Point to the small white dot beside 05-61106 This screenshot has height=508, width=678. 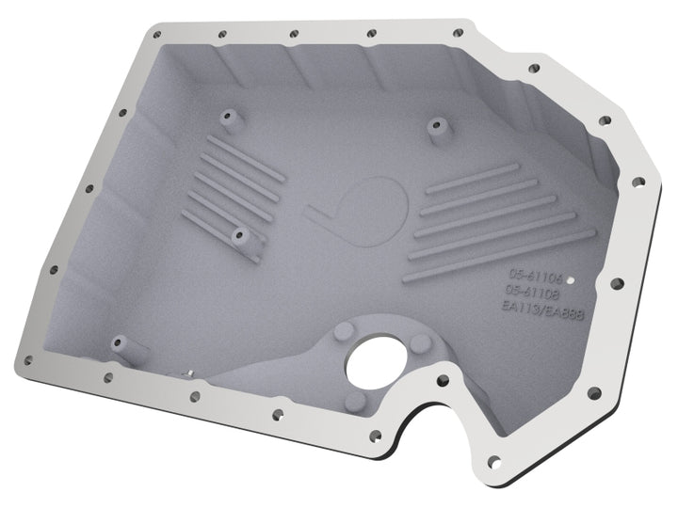tap(573, 279)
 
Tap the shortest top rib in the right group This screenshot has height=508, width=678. tap(471, 179)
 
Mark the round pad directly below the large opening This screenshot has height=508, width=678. tap(356, 403)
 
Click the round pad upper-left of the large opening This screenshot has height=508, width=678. tap(345, 331)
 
